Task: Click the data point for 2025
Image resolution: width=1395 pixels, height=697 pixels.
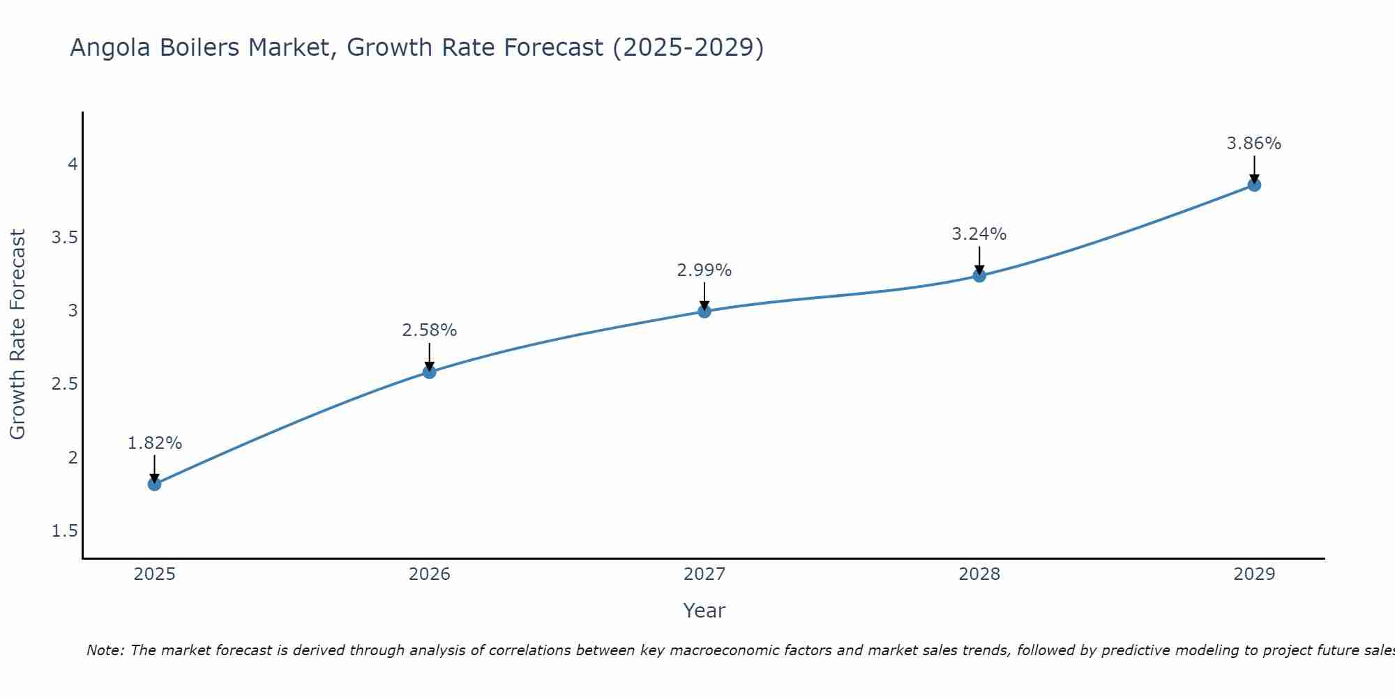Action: click(x=154, y=484)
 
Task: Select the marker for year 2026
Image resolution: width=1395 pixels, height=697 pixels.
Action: click(x=429, y=372)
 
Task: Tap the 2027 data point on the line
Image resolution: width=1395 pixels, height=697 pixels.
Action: click(x=704, y=312)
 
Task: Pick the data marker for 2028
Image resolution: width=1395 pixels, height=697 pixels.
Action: click(x=979, y=275)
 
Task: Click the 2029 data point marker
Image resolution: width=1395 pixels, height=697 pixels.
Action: click(x=1254, y=185)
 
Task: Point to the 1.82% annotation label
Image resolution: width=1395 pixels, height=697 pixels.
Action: click(x=155, y=443)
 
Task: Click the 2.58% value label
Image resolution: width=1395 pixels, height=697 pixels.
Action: click(x=429, y=330)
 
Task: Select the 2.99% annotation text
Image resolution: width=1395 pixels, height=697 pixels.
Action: click(x=704, y=270)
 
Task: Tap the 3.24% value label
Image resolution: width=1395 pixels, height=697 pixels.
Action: click(x=979, y=234)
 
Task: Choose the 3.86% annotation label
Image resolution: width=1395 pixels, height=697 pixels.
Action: click(x=1254, y=144)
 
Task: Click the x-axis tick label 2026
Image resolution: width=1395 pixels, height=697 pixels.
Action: click(x=429, y=574)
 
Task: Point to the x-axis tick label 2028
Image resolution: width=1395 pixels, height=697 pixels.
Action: click(x=979, y=574)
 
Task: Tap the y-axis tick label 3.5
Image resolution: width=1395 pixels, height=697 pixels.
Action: click(x=64, y=238)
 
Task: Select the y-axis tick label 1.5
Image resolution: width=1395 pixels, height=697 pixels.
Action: click(x=64, y=531)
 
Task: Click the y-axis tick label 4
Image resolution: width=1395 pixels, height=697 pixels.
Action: click(x=73, y=164)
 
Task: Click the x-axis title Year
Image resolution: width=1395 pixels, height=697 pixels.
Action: click(x=704, y=611)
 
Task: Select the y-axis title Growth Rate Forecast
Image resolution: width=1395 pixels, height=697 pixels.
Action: click(x=17, y=335)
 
